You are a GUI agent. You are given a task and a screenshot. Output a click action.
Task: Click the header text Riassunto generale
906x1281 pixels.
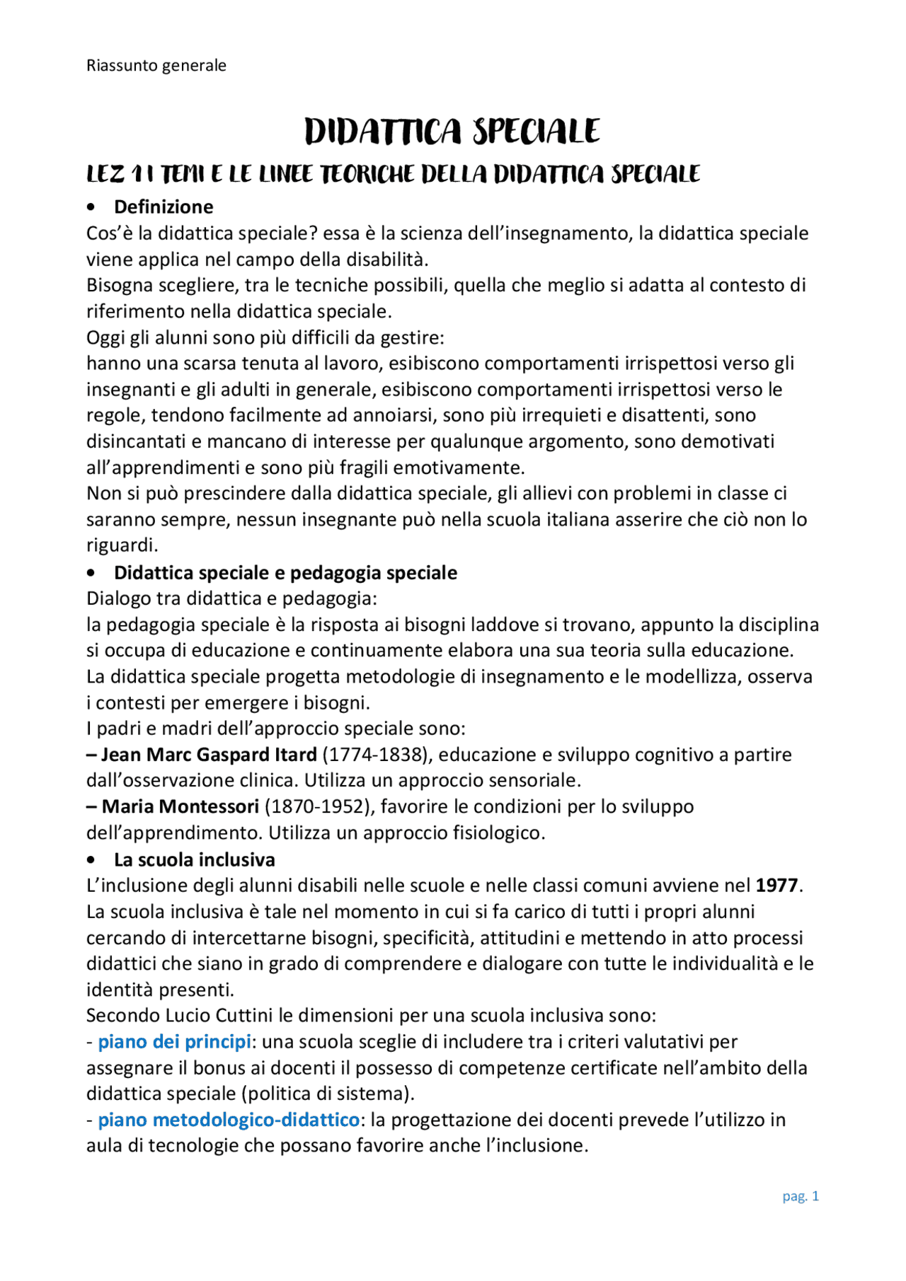156,66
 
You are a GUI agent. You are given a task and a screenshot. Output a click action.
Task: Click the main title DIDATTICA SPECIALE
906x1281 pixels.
452,132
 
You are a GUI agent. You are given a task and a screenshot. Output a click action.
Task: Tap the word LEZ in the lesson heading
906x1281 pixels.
105,174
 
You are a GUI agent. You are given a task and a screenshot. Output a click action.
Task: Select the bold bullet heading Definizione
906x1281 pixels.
164,207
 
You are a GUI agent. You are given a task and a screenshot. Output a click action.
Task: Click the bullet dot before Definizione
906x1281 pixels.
91,207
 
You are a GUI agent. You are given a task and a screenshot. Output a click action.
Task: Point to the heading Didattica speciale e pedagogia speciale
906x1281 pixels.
285,573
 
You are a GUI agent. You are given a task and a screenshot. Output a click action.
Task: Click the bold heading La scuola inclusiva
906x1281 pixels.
194,860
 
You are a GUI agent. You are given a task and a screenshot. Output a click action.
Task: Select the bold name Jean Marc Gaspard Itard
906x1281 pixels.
208,755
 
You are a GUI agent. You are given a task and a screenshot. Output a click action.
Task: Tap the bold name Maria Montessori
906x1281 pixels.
180,807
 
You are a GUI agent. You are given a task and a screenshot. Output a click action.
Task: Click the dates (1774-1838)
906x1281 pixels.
377,755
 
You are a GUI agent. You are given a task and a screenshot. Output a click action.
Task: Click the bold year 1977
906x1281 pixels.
776,886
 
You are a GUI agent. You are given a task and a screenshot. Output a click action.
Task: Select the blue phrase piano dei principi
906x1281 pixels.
174,1042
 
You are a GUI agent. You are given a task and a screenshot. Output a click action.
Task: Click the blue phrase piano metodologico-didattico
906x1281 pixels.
228,1120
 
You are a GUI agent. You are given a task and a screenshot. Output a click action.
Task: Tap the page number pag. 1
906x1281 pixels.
801,1196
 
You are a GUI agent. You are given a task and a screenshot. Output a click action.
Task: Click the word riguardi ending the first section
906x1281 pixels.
120,545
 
